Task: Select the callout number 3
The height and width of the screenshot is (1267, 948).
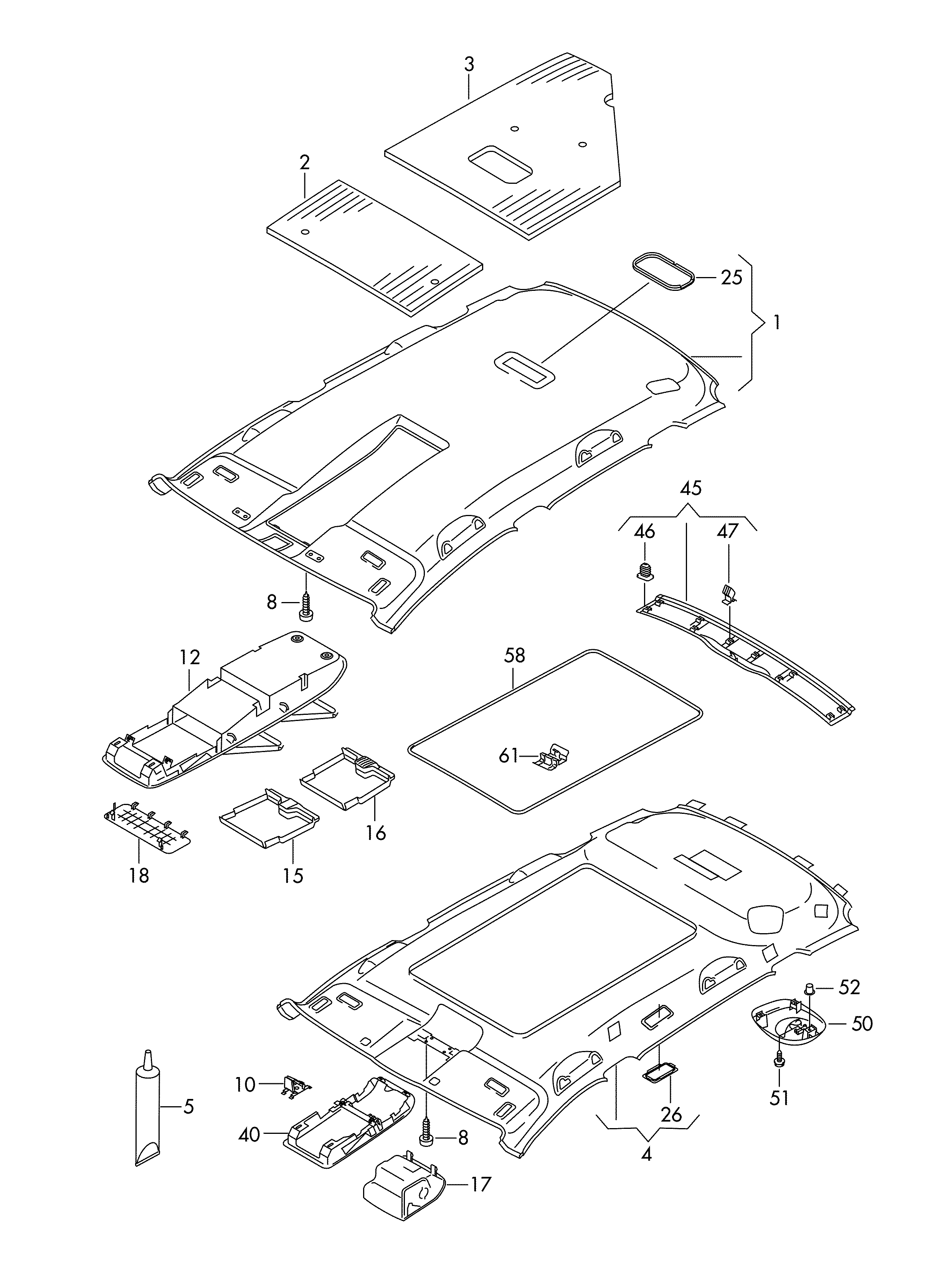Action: pos(469,64)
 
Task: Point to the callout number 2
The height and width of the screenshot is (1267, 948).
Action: pos(305,163)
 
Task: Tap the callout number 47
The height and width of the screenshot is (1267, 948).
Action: pos(728,532)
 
